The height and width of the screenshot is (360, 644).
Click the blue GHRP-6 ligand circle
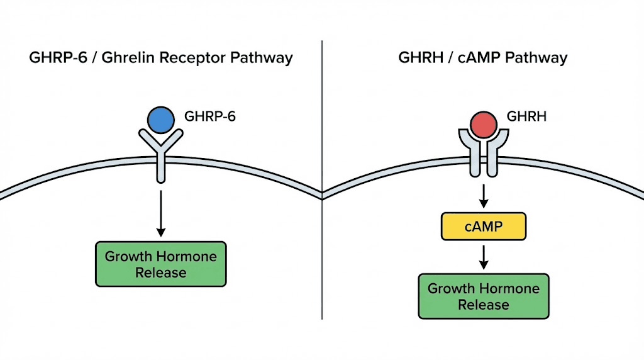tap(160, 118)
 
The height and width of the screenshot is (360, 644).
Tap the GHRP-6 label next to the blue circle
tap(210, 116)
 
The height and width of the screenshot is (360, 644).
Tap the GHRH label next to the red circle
tap(526, 116)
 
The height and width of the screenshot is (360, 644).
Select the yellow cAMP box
tap(483, 227)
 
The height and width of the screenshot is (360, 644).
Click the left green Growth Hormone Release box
tap(160, 264)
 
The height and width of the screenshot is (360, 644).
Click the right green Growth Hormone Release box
tap(483, 296)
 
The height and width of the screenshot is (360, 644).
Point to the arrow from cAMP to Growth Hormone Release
tap(483, 257)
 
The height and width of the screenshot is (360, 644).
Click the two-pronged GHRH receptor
tap(483, 154)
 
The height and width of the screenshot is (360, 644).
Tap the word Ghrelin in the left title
tap(131, 59)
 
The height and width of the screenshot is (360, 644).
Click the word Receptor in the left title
tap(195, 59)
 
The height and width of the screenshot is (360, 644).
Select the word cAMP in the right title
tap(481, 59)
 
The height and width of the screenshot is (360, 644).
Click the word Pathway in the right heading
tap(538, 59)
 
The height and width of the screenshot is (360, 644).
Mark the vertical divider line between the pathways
tap(322, 252)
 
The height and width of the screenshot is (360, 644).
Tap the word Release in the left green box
tap(160, 273)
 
